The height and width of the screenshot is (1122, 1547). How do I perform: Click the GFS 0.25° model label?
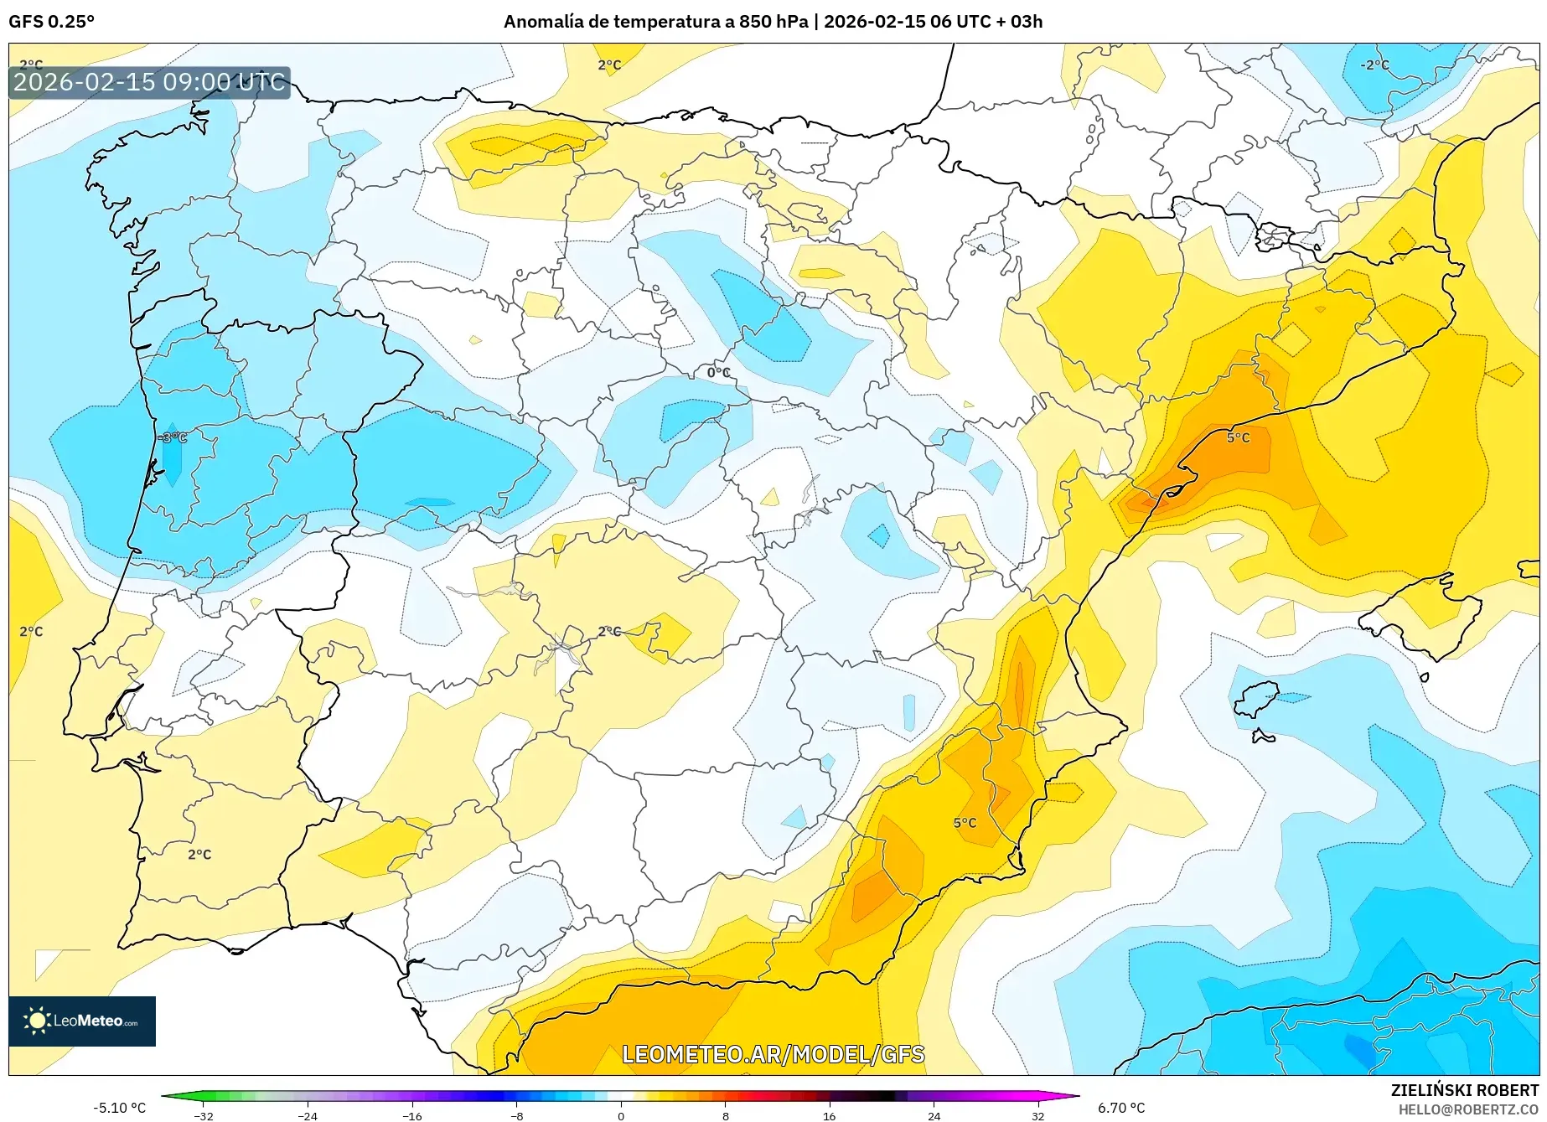click(x=51, y=22)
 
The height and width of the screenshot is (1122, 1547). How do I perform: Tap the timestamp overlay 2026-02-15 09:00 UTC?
click(x=149, y=82)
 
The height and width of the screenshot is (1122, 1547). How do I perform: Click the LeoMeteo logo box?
click(x=82, y=1021)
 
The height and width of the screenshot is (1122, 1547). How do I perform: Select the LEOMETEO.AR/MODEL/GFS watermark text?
click(x=773, y=1054)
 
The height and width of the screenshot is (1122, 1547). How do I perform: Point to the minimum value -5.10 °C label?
click(x=119, y=1108)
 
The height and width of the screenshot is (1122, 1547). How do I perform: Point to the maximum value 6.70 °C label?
click(x=1121, y=1108)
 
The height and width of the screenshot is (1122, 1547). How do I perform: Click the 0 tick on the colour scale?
click(x=621, y=1116)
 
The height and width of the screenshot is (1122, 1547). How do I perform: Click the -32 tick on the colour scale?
click(x=204, y=1116)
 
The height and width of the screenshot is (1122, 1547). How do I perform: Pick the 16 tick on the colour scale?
click(x=829, y=1116)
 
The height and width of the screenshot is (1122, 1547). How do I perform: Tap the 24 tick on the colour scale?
click(x=934, y=1116)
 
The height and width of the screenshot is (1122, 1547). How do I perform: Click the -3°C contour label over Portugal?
click(x=173, y=437)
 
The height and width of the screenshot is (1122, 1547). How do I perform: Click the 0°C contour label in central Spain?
click(x=719, y=372)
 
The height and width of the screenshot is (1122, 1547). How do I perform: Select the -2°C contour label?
click(x=1374, y=65)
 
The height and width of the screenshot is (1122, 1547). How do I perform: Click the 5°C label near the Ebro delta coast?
click(x=1238, y=437)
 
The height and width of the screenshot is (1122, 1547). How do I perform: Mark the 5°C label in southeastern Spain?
click(x=965, y=823)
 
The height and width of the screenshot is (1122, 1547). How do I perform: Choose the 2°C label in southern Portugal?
click(x=199, y=855)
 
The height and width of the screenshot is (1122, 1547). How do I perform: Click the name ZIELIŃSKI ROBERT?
click(x=1465, y=1090)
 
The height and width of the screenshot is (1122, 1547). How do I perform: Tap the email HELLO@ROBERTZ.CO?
click(x=1468, y=1109)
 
